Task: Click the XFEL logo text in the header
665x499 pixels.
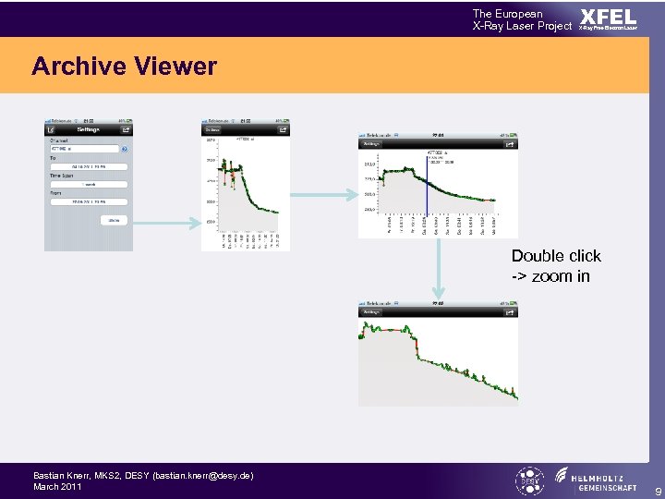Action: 608,18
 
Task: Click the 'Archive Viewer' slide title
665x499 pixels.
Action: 124,67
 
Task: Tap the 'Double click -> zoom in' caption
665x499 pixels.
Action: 556,266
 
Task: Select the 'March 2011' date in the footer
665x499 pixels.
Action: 57,486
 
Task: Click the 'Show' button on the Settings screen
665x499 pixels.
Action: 115,220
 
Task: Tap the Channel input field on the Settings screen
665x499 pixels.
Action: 83,149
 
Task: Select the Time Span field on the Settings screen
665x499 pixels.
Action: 89,184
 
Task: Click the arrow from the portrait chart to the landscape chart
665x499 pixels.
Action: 323,194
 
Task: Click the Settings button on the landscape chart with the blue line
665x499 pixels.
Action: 371,144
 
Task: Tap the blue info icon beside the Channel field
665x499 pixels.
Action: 125,149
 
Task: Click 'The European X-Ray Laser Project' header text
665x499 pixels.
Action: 522,19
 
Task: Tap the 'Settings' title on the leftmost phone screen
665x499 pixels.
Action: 88,130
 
